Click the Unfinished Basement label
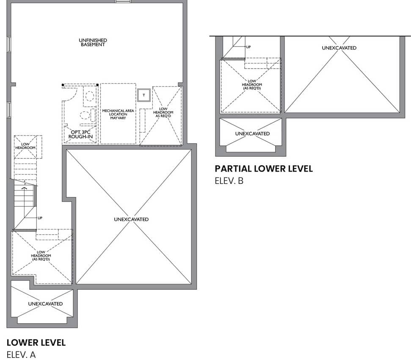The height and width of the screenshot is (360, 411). coord(93,42)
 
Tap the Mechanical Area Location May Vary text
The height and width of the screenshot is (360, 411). coord(118,114)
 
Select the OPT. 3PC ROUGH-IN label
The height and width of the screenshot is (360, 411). coord(80,134)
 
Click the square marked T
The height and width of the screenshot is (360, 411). coord(143,95)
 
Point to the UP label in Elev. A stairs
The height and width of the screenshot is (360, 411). coord(40,218)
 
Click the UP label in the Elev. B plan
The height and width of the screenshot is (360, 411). coord(248,47)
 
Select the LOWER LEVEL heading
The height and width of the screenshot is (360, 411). coord(36,343)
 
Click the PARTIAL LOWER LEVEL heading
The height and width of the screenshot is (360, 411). coord(264,169)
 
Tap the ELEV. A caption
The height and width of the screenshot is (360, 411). coord(21,355)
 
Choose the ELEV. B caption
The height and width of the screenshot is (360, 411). coord(229,181)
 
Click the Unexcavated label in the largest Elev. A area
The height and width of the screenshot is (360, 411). coord(131,219)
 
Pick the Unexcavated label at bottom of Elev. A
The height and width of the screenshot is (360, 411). coord(45,304)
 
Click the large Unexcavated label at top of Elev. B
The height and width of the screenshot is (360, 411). coord(339,48)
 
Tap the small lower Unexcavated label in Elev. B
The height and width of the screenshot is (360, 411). coord(252,133)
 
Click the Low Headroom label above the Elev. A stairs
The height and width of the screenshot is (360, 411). coord(25,146)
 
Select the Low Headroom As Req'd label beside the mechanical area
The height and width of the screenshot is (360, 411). coord(163,112)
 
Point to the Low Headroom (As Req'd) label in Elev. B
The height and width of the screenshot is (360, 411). coord(251,85)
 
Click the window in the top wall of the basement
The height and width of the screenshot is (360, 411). coord(123,1)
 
